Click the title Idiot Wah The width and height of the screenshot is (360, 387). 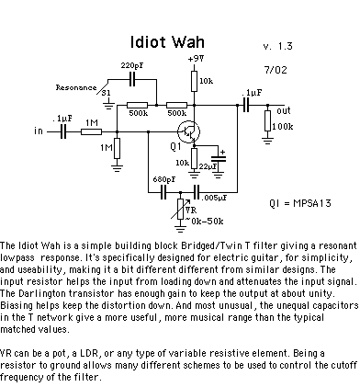pos(167,42)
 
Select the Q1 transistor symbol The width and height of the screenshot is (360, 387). pos(188,131)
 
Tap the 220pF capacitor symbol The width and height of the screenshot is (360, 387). pos(132,79)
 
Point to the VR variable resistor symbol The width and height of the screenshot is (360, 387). pos(181,209)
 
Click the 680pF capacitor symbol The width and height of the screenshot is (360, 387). pos(163,192)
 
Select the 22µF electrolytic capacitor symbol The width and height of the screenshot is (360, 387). pos(219,158)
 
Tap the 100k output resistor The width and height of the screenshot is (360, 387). pos(267,120)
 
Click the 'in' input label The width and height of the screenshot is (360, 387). pos(39,131)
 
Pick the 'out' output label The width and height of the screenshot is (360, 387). pos(284,111)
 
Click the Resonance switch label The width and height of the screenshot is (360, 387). pos(76,87)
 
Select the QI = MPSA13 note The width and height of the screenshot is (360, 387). pos(300,203)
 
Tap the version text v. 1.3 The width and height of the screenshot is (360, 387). pos(278,46)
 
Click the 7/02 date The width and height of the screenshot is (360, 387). pos(276,70)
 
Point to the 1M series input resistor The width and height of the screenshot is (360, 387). pos(91,131)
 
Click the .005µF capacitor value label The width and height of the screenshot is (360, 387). pos(214,198)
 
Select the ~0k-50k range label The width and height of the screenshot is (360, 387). pos(204,222)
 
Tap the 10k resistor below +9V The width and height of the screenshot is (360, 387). pos(194,81)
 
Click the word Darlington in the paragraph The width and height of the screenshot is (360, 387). pos(41,294)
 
